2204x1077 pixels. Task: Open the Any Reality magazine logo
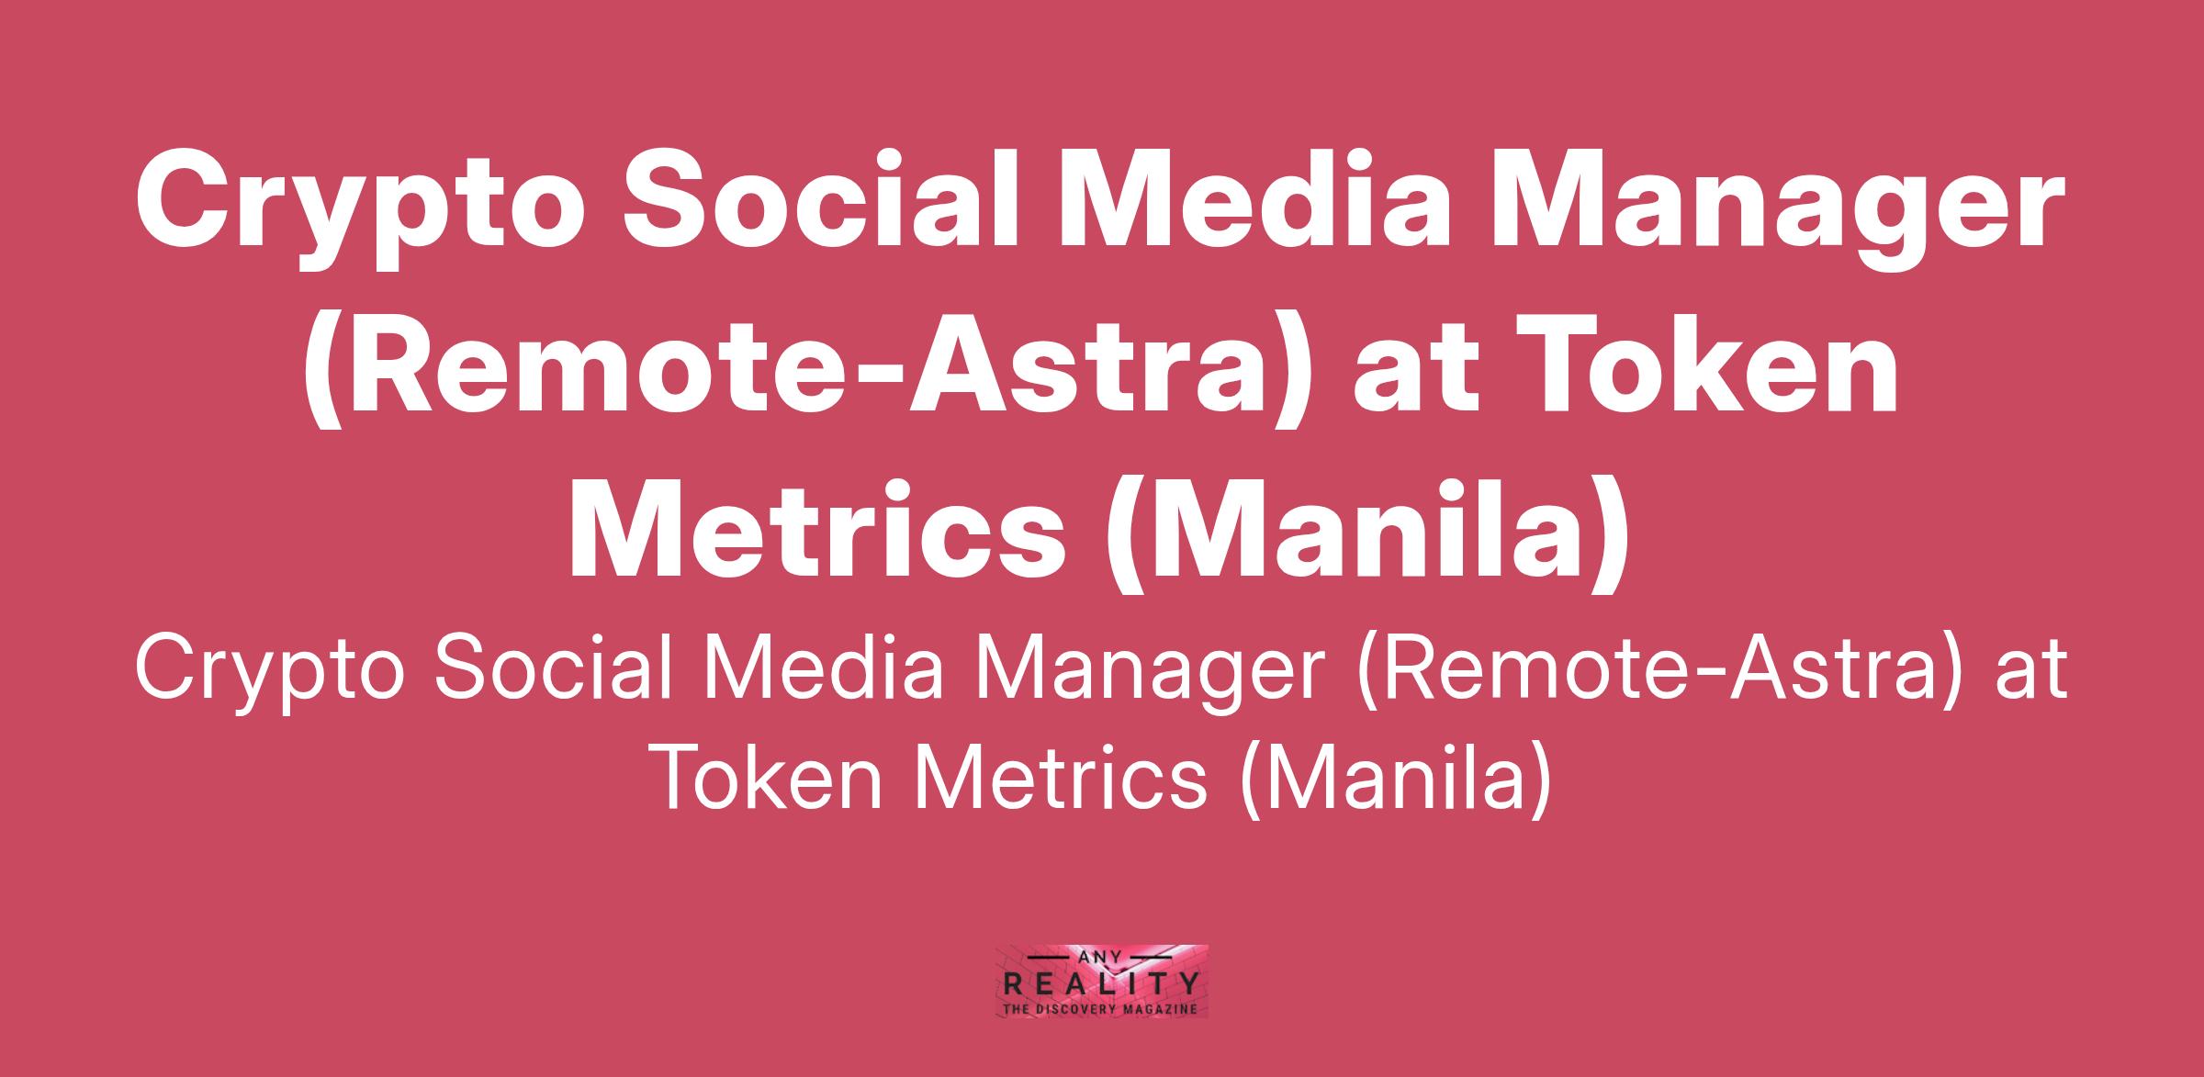pyautogui.click(x=1101, y=982)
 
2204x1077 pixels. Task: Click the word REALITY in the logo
pyautogui.click(x=1101, y=985)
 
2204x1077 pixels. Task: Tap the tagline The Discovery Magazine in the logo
pyautogui.click(x=1101, y=1008)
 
